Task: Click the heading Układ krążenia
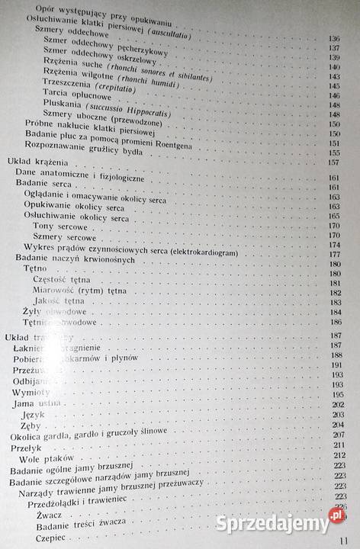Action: [37, 163]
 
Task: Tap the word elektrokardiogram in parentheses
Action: [197, 253]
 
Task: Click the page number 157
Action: [333, 162]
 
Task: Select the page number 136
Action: [333, 38]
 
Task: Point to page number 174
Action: [334, 244]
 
